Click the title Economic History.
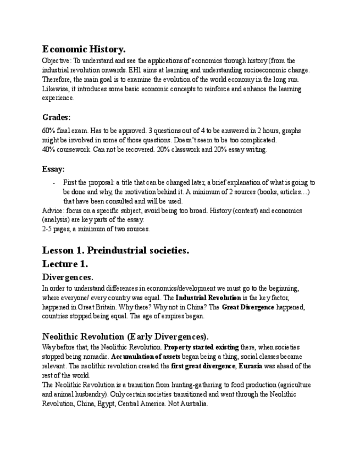84,49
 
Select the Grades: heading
56,117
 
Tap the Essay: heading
53,169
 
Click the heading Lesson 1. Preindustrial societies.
115,250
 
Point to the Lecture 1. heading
65,264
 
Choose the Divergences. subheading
68,277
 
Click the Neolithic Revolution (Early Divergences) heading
125,336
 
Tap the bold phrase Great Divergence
248,307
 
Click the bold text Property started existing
201,347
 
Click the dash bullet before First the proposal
54,182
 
